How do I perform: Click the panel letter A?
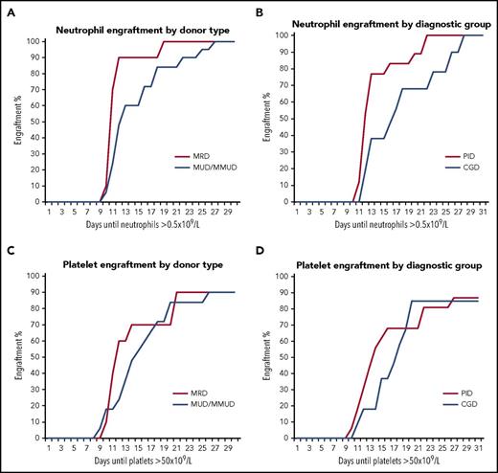9,9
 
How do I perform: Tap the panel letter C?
9,248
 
